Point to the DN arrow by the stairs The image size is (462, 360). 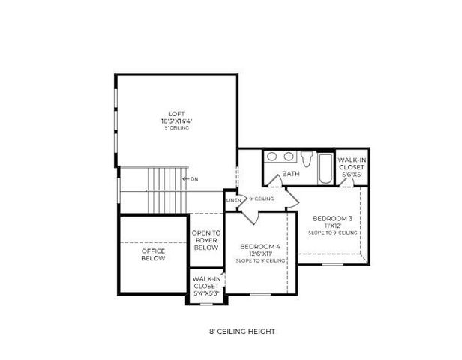[192, 179]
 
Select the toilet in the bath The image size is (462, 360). [306, 159]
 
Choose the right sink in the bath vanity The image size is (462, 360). [288, 157]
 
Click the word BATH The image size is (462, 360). [289, 174]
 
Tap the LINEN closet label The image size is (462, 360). [232, 200]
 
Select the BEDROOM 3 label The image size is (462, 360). [331, 218]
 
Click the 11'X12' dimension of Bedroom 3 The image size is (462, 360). [331, 226]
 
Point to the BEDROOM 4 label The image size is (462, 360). [259, 247]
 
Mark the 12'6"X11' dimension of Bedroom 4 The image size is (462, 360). [259, 254]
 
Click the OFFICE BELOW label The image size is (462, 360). [154, 254]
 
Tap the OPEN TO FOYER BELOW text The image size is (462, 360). [205, 240]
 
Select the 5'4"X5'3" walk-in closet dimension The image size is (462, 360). [206, 292]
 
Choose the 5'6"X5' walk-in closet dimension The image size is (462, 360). [351, 174]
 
